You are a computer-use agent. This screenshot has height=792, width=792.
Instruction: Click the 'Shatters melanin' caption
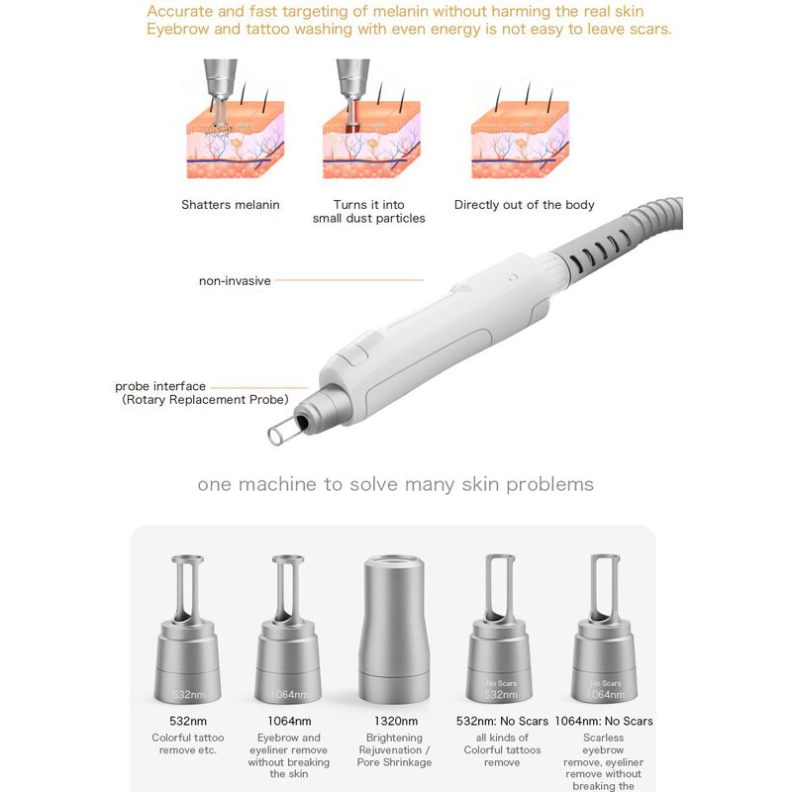(x=230, y=205)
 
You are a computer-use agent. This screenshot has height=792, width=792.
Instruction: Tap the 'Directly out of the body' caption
(x=524, y=205)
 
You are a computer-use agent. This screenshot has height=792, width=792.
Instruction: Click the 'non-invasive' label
(x=236, y=281)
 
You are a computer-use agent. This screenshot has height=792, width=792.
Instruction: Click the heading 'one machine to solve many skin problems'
(x=395, y=484)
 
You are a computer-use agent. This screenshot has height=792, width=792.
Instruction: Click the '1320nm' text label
(x=394, y=722)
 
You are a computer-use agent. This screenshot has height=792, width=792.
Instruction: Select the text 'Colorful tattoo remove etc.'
(x=187, y=743)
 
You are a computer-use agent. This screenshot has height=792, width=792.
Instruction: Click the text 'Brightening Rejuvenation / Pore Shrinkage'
(x=394, y=749)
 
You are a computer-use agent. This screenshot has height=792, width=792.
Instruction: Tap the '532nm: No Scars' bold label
(x=501, y=722)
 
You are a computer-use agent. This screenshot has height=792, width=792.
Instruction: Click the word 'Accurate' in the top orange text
(x=177, y=12)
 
